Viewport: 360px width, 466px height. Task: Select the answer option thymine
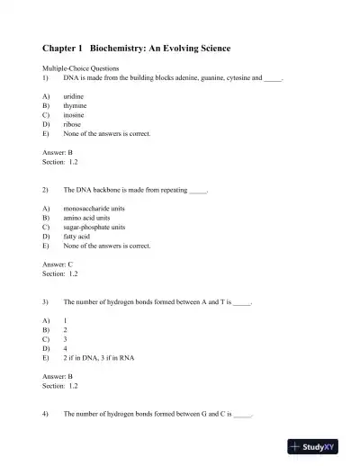[76, 105]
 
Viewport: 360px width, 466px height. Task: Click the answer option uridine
[75, 95]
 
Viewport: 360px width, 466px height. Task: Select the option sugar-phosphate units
[94, 228]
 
